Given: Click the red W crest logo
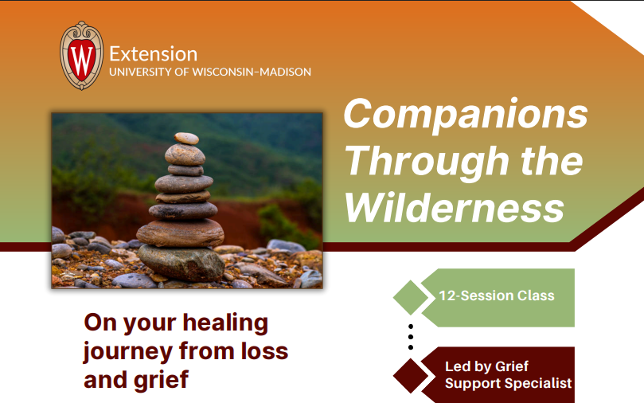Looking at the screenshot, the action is click(x=81, y=56).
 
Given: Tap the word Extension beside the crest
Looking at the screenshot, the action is click(x=153, y=54).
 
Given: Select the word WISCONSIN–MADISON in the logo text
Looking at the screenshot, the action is click(x=252, y=72).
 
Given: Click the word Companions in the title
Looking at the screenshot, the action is click(x=466, y=115).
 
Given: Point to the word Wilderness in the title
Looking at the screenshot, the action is click(x=455, y=207).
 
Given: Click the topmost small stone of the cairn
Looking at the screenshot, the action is click(x=186, y=138).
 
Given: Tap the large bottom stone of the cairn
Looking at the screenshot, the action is click(x=181, y=263).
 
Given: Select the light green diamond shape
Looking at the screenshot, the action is click(x=411, y=297).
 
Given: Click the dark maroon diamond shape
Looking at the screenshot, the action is click(x=411, y=375).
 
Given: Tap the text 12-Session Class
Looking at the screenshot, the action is click(x=497, y=295).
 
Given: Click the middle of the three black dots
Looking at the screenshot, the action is click(x=411, y=337).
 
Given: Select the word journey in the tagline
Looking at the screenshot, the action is click(x=127, y=353).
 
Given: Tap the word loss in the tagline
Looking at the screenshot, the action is click(x=264, y=351).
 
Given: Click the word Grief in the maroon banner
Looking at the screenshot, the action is click(x=511, y=366).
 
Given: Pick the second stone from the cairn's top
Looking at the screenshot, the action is click(x=185, y=155).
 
